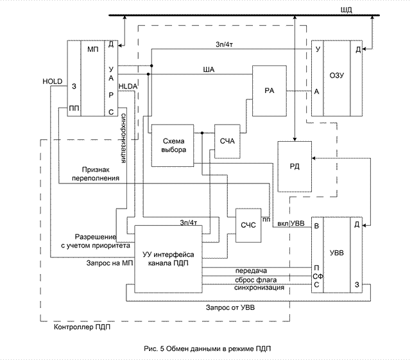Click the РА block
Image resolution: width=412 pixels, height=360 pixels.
[269, 90]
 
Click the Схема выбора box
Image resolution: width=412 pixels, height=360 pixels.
[172, 144]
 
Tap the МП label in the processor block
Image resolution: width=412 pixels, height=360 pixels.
[92, 47]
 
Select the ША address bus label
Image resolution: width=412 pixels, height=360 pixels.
[208, 69]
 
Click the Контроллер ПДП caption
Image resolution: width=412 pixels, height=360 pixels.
[78, 328]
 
